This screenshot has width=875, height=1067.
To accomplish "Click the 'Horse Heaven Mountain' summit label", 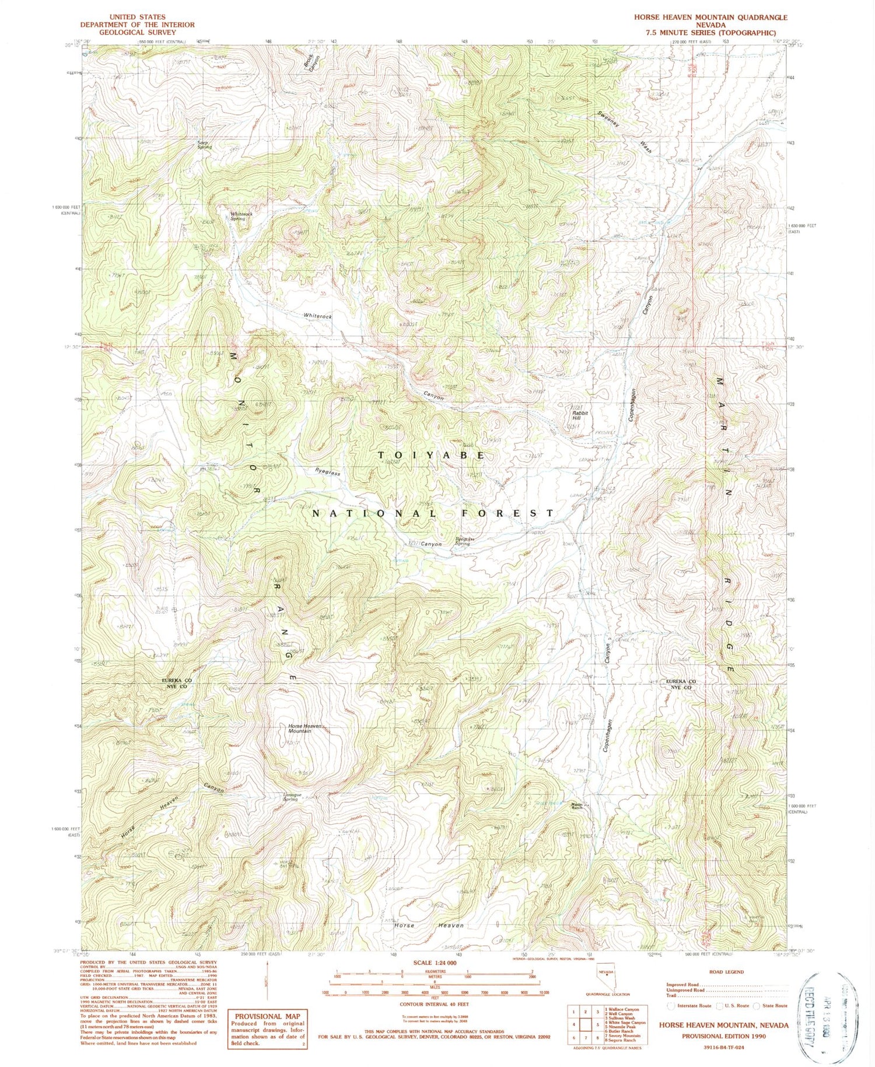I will (305, 729).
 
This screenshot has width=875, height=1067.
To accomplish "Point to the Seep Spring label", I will (204, 145).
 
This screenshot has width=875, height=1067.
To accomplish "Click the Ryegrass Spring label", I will (466, 541).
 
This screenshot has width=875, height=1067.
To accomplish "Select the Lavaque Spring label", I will (290, 797).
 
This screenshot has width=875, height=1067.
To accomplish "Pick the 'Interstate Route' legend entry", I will (690, 1006).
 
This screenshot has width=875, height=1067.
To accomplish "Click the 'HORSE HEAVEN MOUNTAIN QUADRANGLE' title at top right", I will (710, 18).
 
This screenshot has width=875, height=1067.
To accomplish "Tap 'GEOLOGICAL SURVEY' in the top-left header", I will (137, 33).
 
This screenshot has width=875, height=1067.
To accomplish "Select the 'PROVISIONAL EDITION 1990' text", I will (723, 1036).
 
